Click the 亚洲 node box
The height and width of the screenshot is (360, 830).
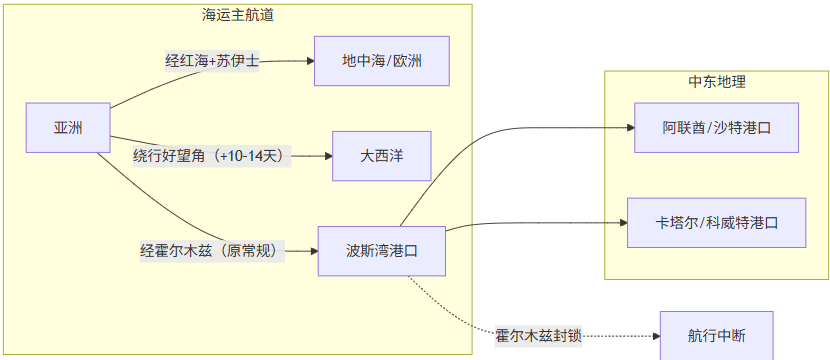(x=68, y=127)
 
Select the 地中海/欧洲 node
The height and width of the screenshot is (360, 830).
(x=381, y=61)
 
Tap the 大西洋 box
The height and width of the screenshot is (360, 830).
(x=381, y=156)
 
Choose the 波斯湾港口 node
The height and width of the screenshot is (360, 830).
(x=381, y=251)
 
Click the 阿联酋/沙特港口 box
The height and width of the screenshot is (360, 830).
(x=716, y=127)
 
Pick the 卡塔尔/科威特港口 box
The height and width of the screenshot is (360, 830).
(x=716, y=222)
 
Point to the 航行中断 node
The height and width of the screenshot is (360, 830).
(x=716, y=336)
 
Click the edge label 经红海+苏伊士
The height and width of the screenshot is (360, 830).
(x=212, y=61)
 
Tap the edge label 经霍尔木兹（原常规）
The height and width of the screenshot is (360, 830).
(x=212, y=251)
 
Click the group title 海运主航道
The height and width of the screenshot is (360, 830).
(x=238, y=15)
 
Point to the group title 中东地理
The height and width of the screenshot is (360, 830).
(x=716, y=82)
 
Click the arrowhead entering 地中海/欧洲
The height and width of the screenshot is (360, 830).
(x=309, y=61)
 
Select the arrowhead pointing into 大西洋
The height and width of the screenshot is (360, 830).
(x=327, y=156)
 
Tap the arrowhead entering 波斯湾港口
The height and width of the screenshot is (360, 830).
(x=312, y=251)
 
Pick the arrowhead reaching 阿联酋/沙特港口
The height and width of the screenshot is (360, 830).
(x=629, y=127)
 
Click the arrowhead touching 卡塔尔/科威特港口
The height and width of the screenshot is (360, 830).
(x=621, y=222)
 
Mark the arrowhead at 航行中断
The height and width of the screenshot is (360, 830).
(x=654, y=336)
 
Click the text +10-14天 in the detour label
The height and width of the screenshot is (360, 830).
(x=250, y=156)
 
